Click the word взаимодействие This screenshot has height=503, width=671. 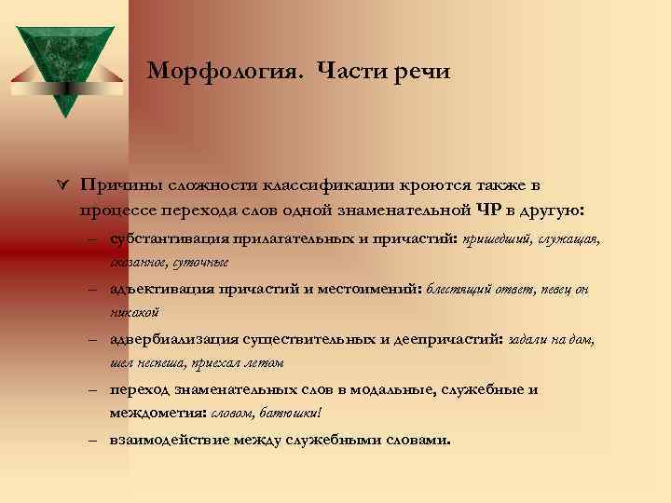pos(168,438)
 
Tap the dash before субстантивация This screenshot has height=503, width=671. pos(95,239)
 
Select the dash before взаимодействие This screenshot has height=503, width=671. pos(95,439)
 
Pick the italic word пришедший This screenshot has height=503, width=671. pos(495,239)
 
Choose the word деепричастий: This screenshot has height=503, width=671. pos(442,339)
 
